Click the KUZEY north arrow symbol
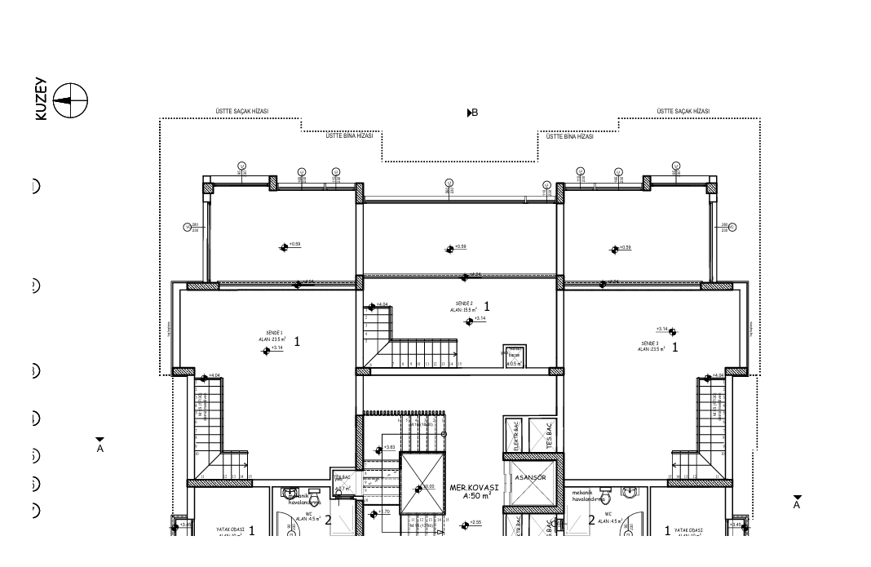tap(70, 100)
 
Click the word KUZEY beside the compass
tap(42, 100)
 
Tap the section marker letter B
tap(474, 113)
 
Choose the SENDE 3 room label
tap(650, 343)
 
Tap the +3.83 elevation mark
tap(389, 447)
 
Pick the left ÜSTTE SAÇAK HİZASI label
tap(241, 112)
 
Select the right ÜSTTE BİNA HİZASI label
tap(569, 136)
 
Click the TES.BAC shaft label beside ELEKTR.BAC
tap(549, 436)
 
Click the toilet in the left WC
tap(289, 493)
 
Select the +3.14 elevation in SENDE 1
tap(276, 348)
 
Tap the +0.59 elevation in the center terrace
tap(460, 246)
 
